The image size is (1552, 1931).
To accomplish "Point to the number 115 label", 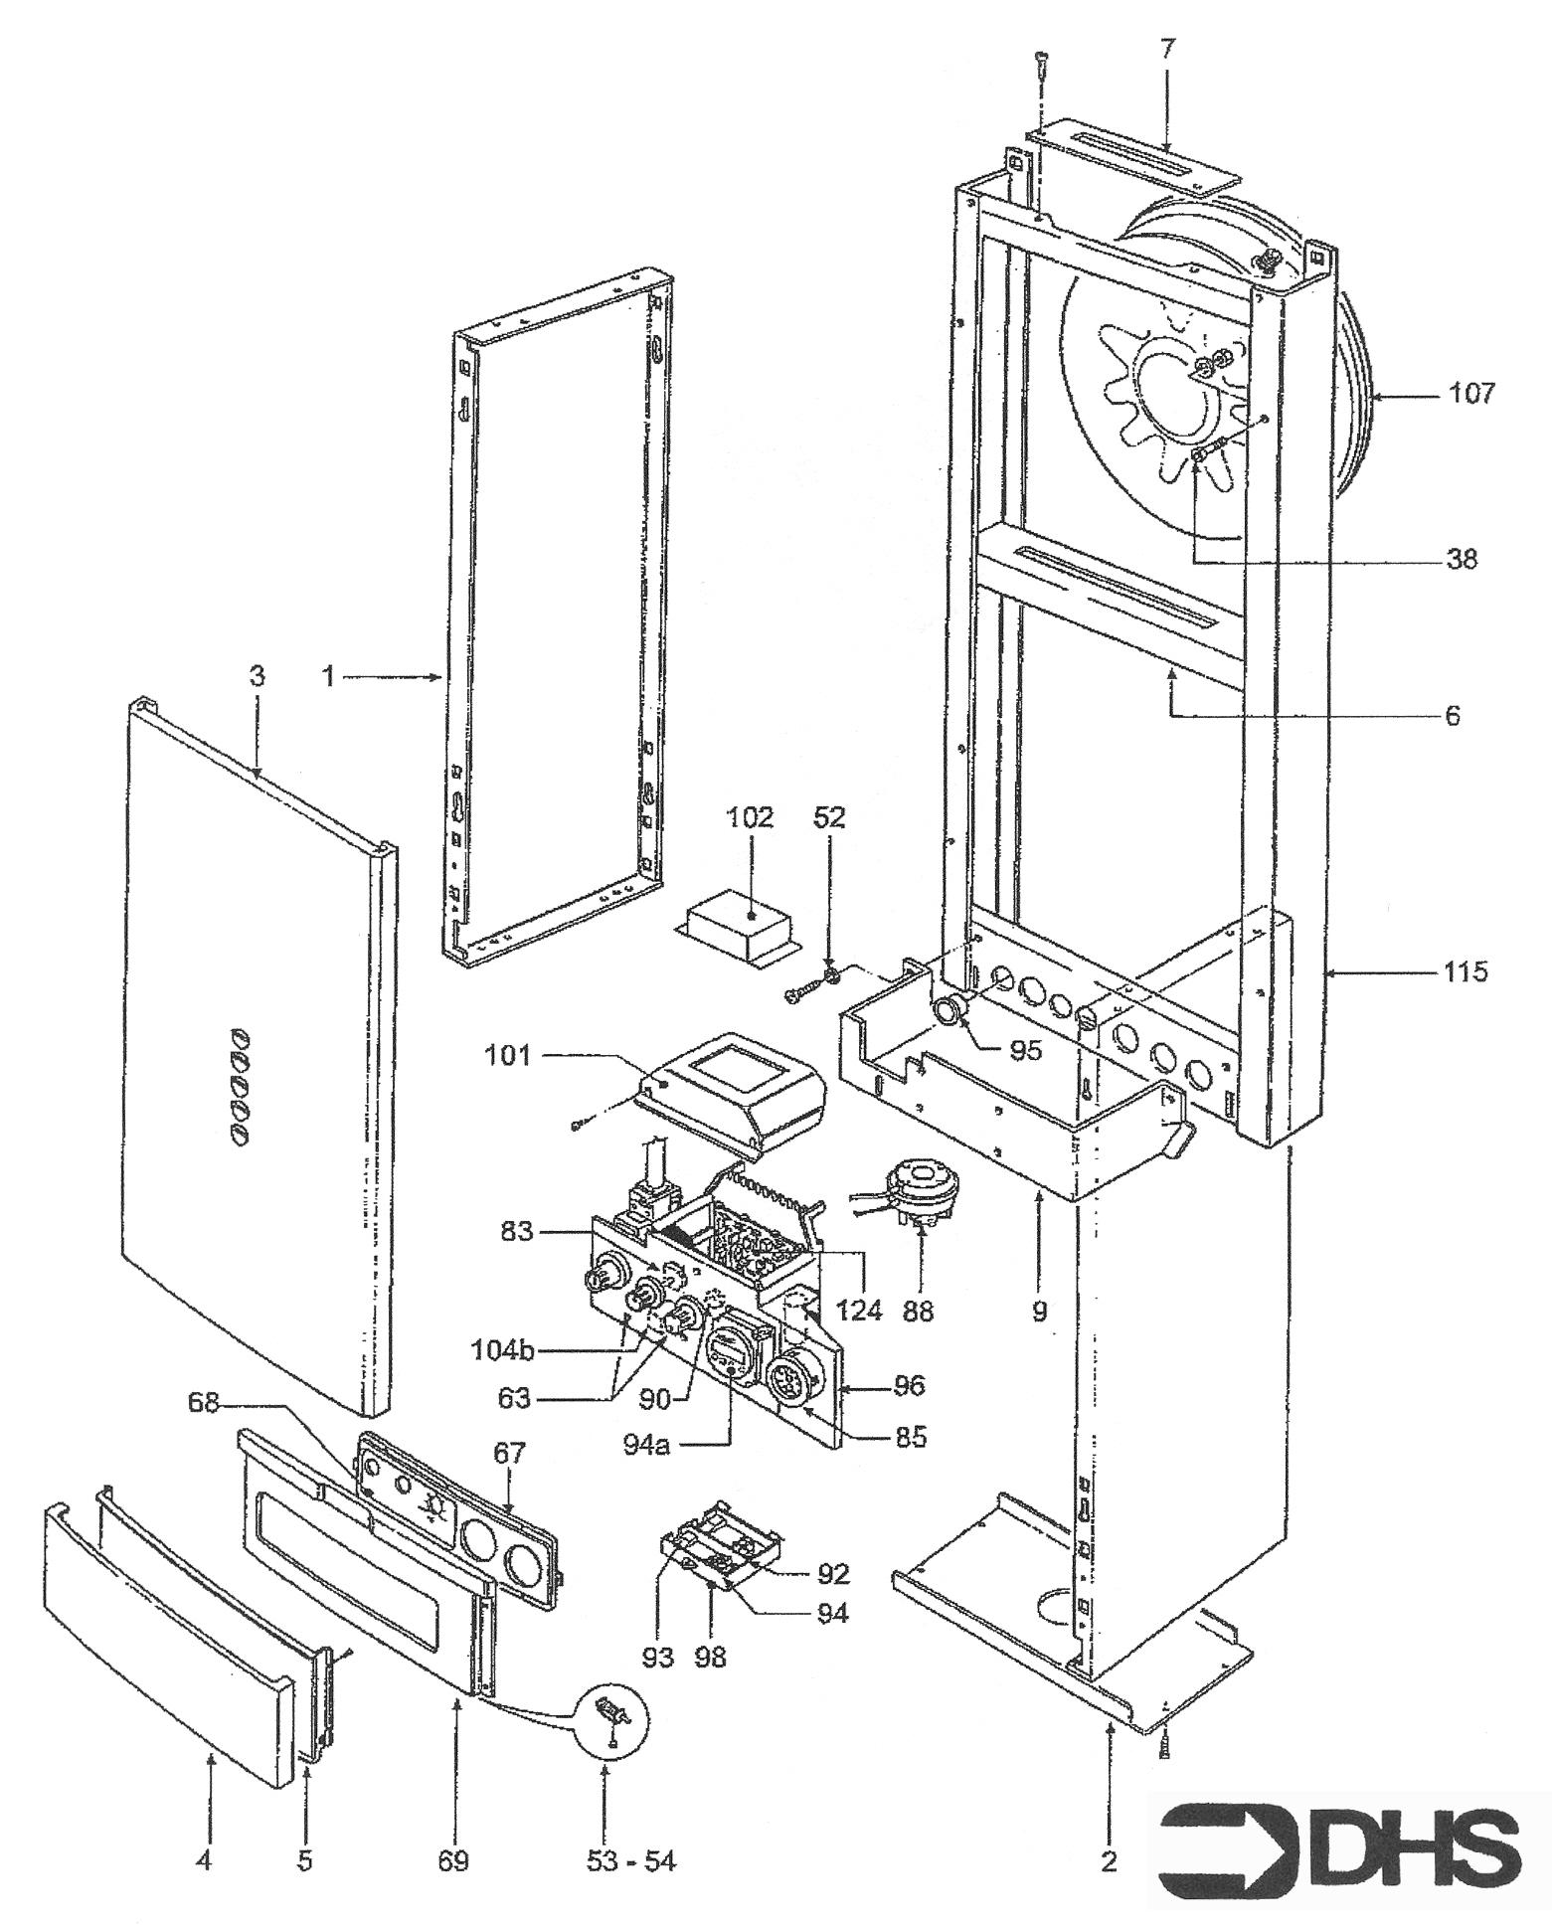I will [1466, 971].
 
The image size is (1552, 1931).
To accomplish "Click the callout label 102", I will [750, 817].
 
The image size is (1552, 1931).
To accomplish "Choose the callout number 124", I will [859, 1310].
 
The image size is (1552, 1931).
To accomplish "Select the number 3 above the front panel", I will [257, 677].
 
